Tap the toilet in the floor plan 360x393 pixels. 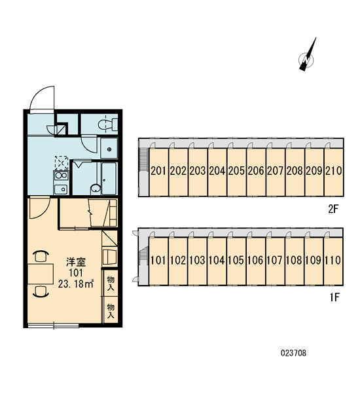(108, 124)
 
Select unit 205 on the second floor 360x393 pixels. (236, 172)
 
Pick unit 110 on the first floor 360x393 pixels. (333, 261)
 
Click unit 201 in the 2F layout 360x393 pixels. (158, 172)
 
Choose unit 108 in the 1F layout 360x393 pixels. (295, 261)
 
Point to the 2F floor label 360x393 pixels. (333, 208)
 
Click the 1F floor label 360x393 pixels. (334, 297)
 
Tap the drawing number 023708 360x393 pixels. (293, 353)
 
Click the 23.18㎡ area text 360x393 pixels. (76, 284)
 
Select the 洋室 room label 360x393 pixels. (76, 262)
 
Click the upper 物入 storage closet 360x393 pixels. (111, 283)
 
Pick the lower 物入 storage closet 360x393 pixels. (111, 310)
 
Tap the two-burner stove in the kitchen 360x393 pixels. (61, 175)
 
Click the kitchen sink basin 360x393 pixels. (61, 189)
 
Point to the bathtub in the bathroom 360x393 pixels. (109, 178)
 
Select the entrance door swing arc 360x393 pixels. (37, 93)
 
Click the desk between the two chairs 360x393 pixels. (41, 274)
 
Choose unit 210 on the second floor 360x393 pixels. (334, 172)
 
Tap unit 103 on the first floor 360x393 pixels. (198, 261)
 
